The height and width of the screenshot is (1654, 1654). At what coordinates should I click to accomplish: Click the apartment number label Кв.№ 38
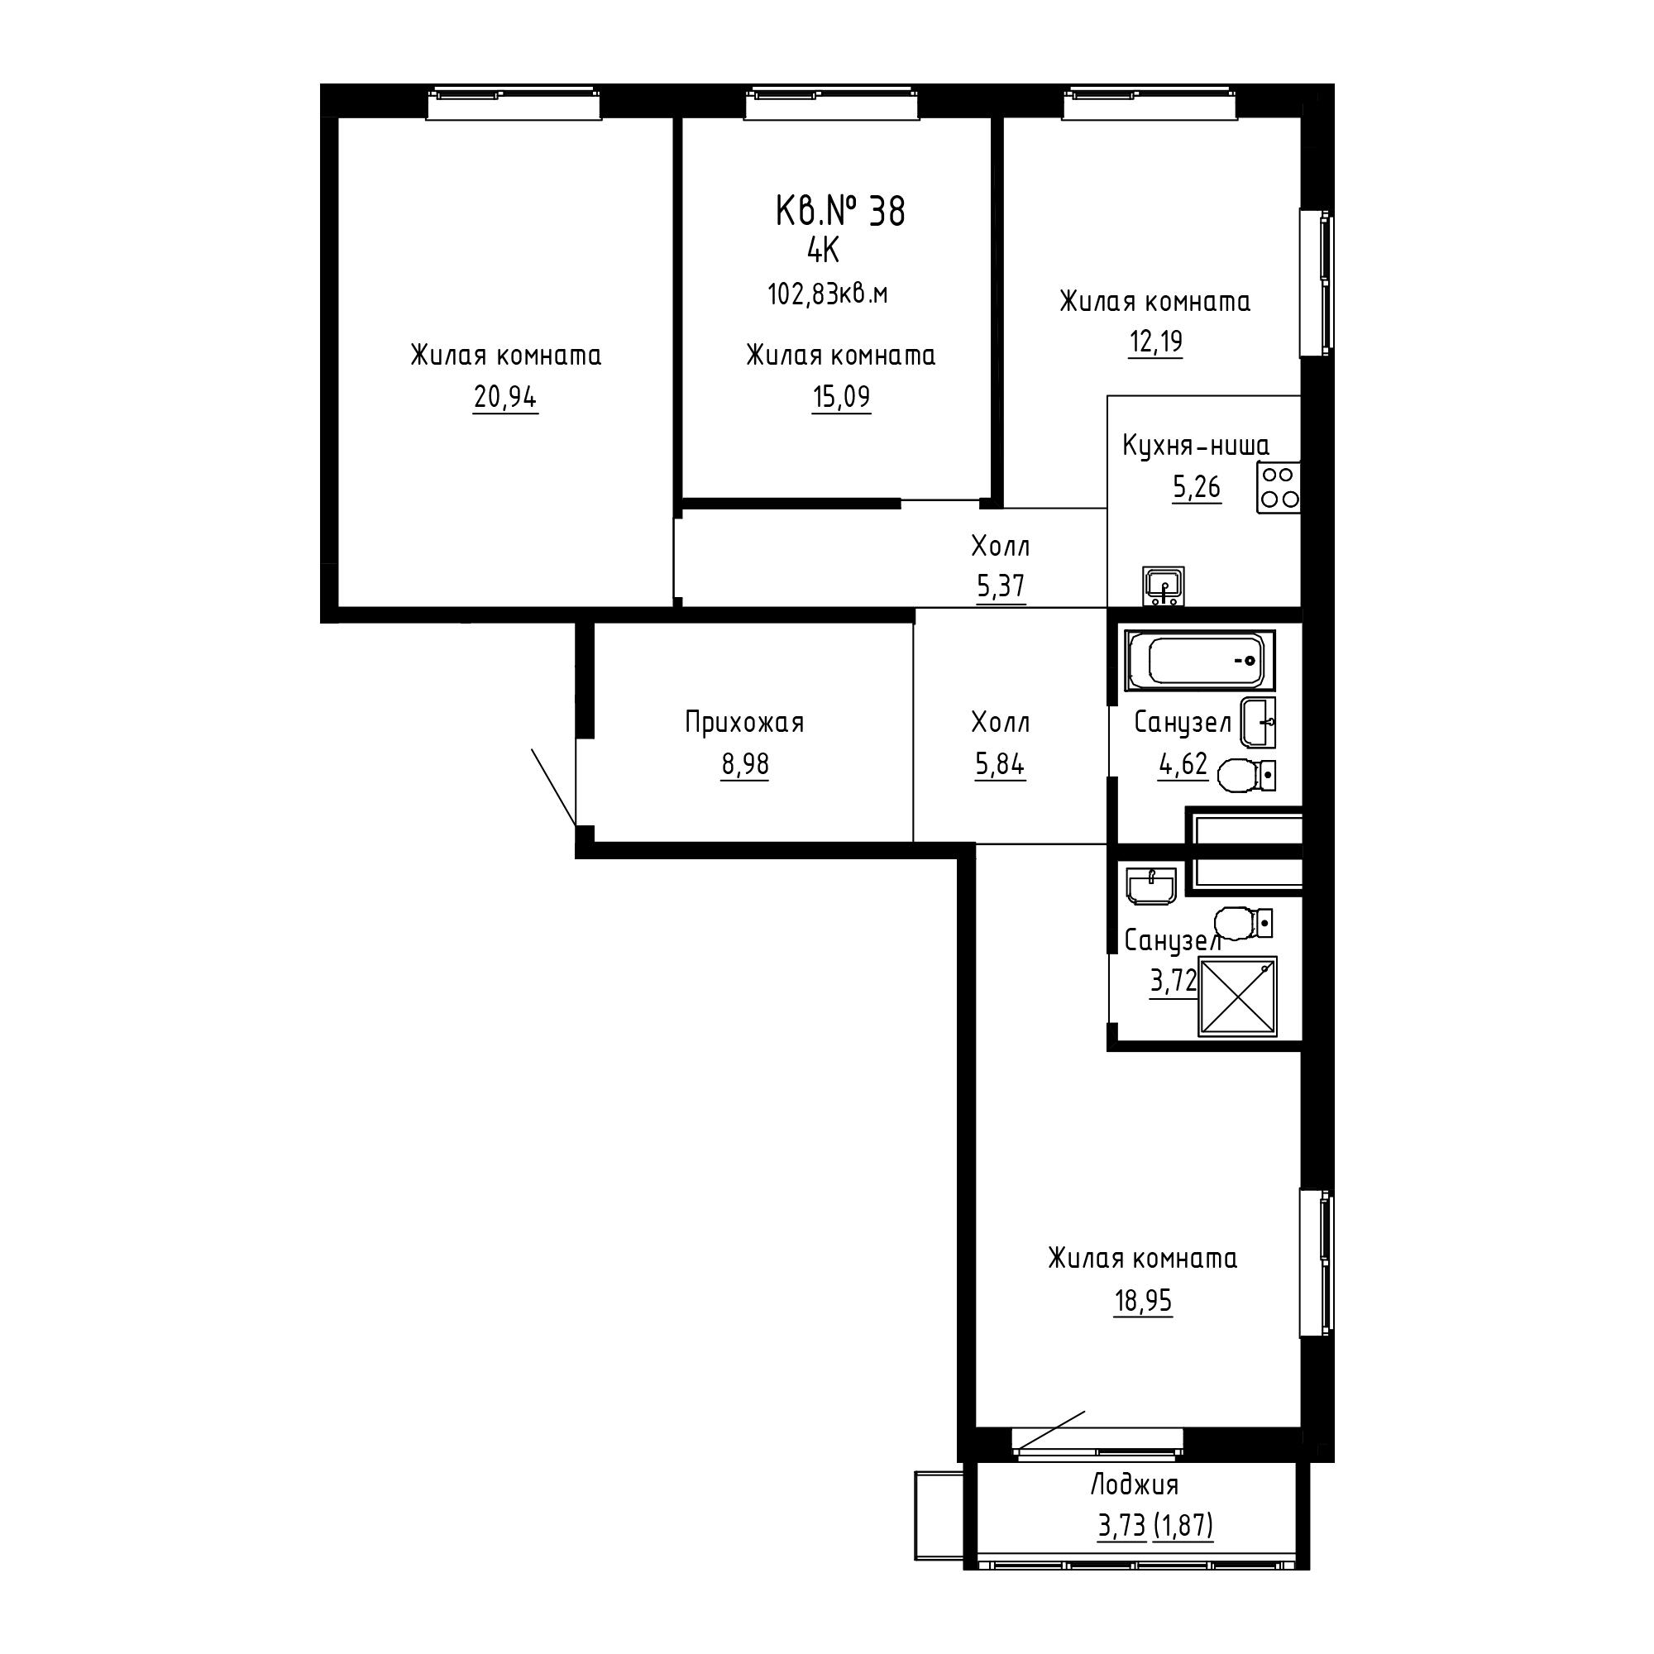click(840, 212)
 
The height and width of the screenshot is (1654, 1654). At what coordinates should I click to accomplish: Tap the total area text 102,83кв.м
click(827, 294)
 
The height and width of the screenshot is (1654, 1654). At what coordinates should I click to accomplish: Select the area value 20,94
click(505, 397)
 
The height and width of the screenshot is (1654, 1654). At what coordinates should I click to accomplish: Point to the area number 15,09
click(842, 397)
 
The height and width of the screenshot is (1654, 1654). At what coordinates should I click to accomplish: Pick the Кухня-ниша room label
click(1196, 446)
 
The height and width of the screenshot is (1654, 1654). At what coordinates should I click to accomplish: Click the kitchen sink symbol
click(1164, 586)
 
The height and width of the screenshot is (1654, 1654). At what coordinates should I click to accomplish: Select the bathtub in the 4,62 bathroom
click(1199, 661)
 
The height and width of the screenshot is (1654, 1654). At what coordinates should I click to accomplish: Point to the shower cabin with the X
click(1237, 997)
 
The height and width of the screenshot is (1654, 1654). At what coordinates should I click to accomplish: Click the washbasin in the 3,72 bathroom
click(1152, 886)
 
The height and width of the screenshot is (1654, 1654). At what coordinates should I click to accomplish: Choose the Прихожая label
click(745, 723)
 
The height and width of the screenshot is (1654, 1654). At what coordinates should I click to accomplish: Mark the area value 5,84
click(1000, 764)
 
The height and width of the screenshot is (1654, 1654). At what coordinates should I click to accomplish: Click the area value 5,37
click(1001, 586)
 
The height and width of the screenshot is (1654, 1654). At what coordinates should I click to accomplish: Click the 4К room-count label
click(824, 251)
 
